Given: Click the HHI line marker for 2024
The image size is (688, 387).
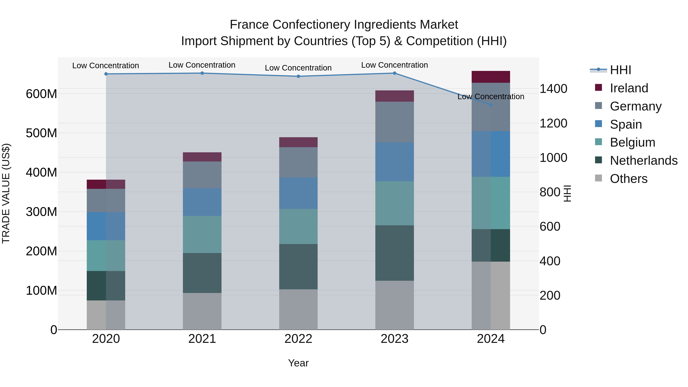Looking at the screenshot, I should (x=491, y=105).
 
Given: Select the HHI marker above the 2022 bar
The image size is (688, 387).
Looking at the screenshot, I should (x=298, y=76).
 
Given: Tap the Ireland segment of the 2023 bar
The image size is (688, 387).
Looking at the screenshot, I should (x=394, y=96).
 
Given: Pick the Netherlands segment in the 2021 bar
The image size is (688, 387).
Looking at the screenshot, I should (x=202, y=273).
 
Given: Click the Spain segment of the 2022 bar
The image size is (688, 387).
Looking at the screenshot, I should (x=298, y=193).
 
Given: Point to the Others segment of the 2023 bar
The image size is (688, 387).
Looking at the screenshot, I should (x=394, y=305).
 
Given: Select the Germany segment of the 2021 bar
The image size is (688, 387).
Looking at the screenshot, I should (x=202, y=175).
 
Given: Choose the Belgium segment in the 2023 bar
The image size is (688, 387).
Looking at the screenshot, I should (x=394, y=203).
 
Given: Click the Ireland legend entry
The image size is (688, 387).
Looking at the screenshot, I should (x=629, y=88).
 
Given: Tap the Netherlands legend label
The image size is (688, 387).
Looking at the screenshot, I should (x=643, y=161).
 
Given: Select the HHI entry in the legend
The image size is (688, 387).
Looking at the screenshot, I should (x=620, y=70).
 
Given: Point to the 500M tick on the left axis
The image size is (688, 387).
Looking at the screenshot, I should (x=41, y=133).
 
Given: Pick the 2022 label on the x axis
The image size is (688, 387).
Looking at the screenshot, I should (x=298, y=339).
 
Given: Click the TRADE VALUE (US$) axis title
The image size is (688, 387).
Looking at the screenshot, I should (x=6, y=193).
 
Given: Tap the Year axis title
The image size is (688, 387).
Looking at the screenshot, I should (x=298, y=363).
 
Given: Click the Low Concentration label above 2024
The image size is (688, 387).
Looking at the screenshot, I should (x=491, y=97).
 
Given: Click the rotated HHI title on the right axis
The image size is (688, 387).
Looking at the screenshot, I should (x=567, y=193).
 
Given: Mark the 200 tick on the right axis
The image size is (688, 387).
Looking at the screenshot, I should (x=550, y=295).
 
